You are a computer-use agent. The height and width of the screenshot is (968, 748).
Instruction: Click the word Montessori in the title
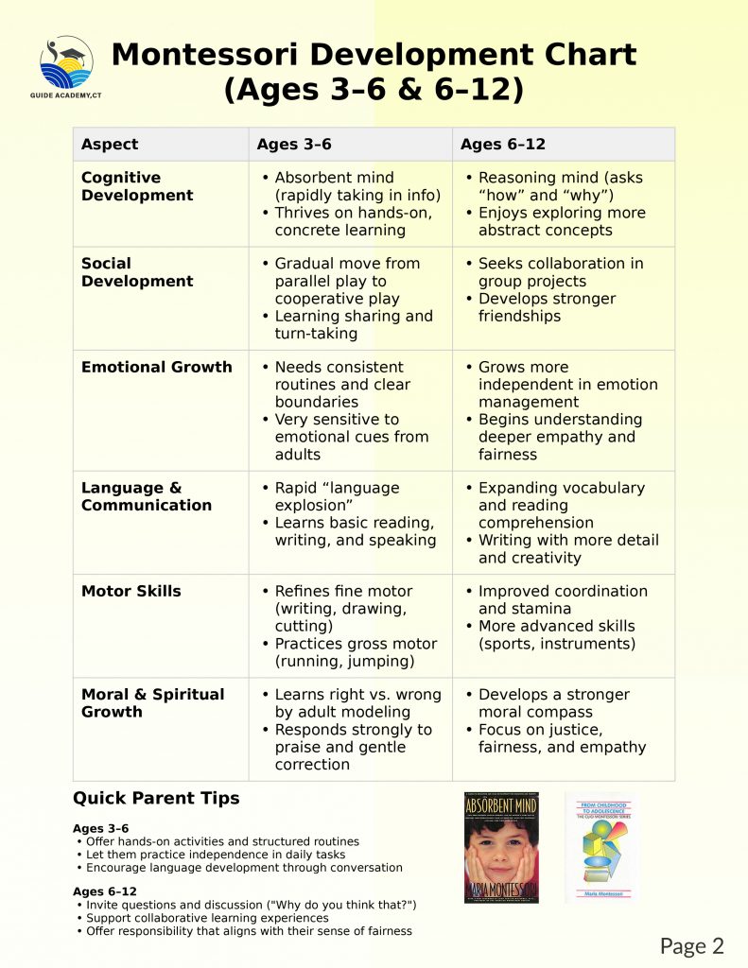(x=240, y=54)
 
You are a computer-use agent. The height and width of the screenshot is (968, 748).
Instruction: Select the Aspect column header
(x=110, y=145)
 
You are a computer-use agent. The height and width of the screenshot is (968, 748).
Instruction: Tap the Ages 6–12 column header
(x=503, y=145)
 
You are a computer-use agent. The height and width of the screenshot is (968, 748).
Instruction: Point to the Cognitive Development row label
(x=137, y=186)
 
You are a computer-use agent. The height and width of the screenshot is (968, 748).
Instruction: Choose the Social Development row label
(x=137, y=272)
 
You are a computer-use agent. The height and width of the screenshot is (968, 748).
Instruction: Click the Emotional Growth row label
(x=157, y=367)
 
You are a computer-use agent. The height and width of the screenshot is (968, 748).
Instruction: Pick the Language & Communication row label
(x=147, y=496)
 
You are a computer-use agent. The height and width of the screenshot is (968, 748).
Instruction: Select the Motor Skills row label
(x=131, y=591)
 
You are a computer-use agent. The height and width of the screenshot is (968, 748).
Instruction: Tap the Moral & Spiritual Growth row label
(x=153, y=702)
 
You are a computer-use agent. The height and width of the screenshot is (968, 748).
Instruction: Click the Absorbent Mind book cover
(x=501, y=848)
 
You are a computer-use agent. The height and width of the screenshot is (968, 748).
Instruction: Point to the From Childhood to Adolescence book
(x=601, y=846)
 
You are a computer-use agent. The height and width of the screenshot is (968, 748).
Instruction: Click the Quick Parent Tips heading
(x=156, y=798)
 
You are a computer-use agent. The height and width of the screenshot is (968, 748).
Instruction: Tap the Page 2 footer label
(x=692, y=945)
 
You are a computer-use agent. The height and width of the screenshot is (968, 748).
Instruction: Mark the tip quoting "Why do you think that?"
(x=252, y=905)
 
